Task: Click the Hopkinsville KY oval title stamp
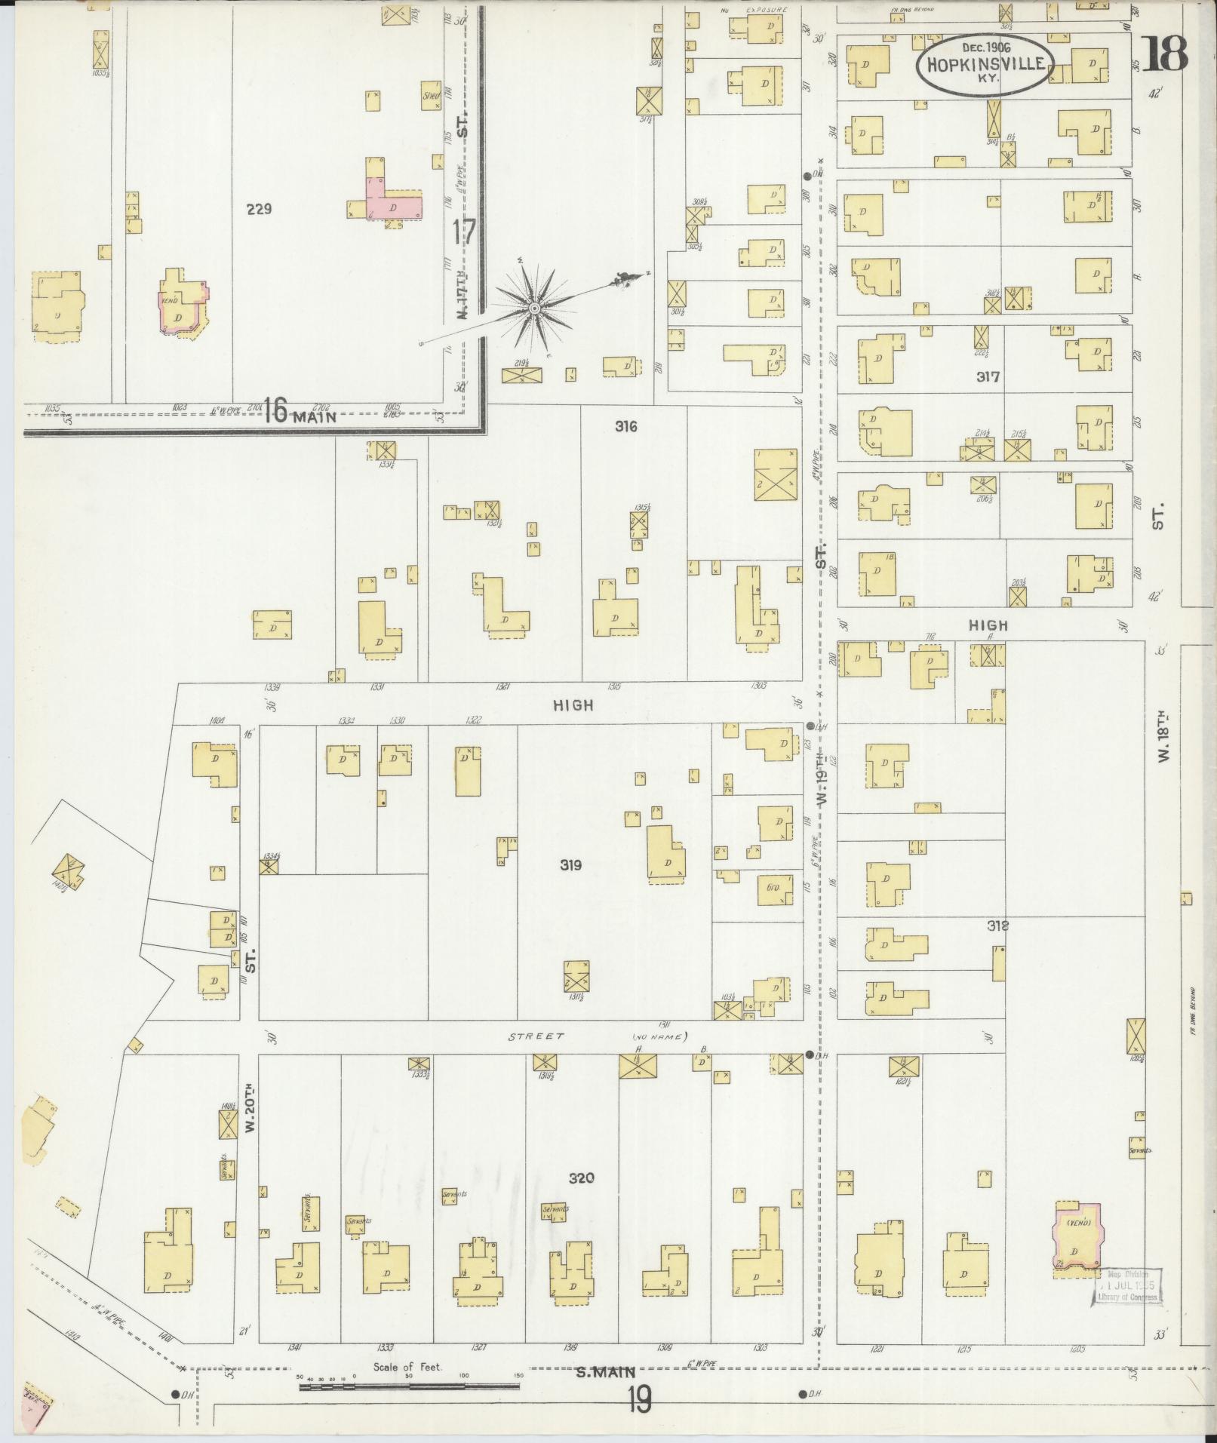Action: [980, 64]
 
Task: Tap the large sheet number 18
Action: [1165, 54]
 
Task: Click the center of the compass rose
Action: [533, 309]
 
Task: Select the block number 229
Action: [259, 209]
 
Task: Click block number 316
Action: [625, 426]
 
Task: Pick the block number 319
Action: [570, 865]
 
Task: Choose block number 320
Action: [582, 1177]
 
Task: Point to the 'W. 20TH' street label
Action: [252, 1129]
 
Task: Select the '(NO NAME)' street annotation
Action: [659, 1036]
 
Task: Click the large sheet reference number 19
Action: [638, 1402]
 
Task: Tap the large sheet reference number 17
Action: [465, 232]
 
